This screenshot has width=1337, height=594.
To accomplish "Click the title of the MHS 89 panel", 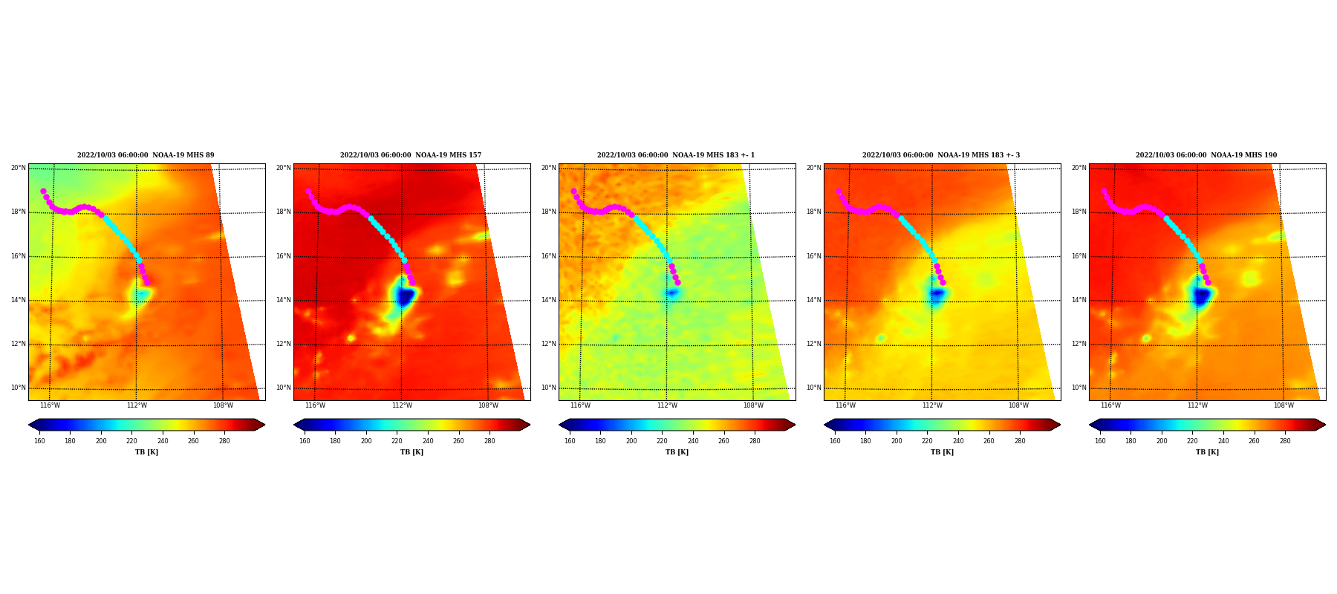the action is (x=146, y=155).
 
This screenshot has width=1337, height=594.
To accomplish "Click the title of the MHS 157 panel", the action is (x=411, y=155).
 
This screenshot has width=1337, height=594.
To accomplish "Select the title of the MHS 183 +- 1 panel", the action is (x=676, y=155).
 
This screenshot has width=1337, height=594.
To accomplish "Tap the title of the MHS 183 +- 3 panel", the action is (x=941, y=155).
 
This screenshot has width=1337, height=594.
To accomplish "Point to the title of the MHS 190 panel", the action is (x=1206, y=155).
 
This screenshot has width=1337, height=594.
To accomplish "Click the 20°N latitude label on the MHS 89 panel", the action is (x=19, y=168).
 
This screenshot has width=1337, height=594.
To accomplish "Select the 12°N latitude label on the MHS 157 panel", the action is (x=284, y=344).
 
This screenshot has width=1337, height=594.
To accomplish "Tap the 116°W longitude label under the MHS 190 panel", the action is (x=1110, y=405).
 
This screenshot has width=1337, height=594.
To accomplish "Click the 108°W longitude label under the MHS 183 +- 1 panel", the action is (x=753, y=405).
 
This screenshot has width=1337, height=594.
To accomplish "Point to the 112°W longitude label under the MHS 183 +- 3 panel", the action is (x=932, y=405).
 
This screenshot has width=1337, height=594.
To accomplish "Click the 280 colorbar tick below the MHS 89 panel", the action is (x=224, y=441).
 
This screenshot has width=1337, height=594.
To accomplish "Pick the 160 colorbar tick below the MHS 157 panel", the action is (x=305, y=441).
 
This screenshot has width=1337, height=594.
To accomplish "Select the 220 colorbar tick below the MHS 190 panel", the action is (x=1192, y=441).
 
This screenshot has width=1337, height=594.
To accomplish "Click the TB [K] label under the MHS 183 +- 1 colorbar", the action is (x=677, y=452).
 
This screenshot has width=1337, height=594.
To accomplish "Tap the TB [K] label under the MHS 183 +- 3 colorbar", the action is (x=942, y=452).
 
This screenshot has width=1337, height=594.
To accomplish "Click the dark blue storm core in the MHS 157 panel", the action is (x=405, y=297).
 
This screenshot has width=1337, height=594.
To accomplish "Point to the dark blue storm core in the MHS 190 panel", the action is (x=1201, y=296).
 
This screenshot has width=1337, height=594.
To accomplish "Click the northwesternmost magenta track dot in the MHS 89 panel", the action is (x=43, y=191).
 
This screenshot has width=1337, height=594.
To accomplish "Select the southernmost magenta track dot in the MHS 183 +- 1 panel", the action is (x=677, y=282).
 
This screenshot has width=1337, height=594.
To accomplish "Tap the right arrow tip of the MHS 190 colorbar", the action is (x=1325, y=425).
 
